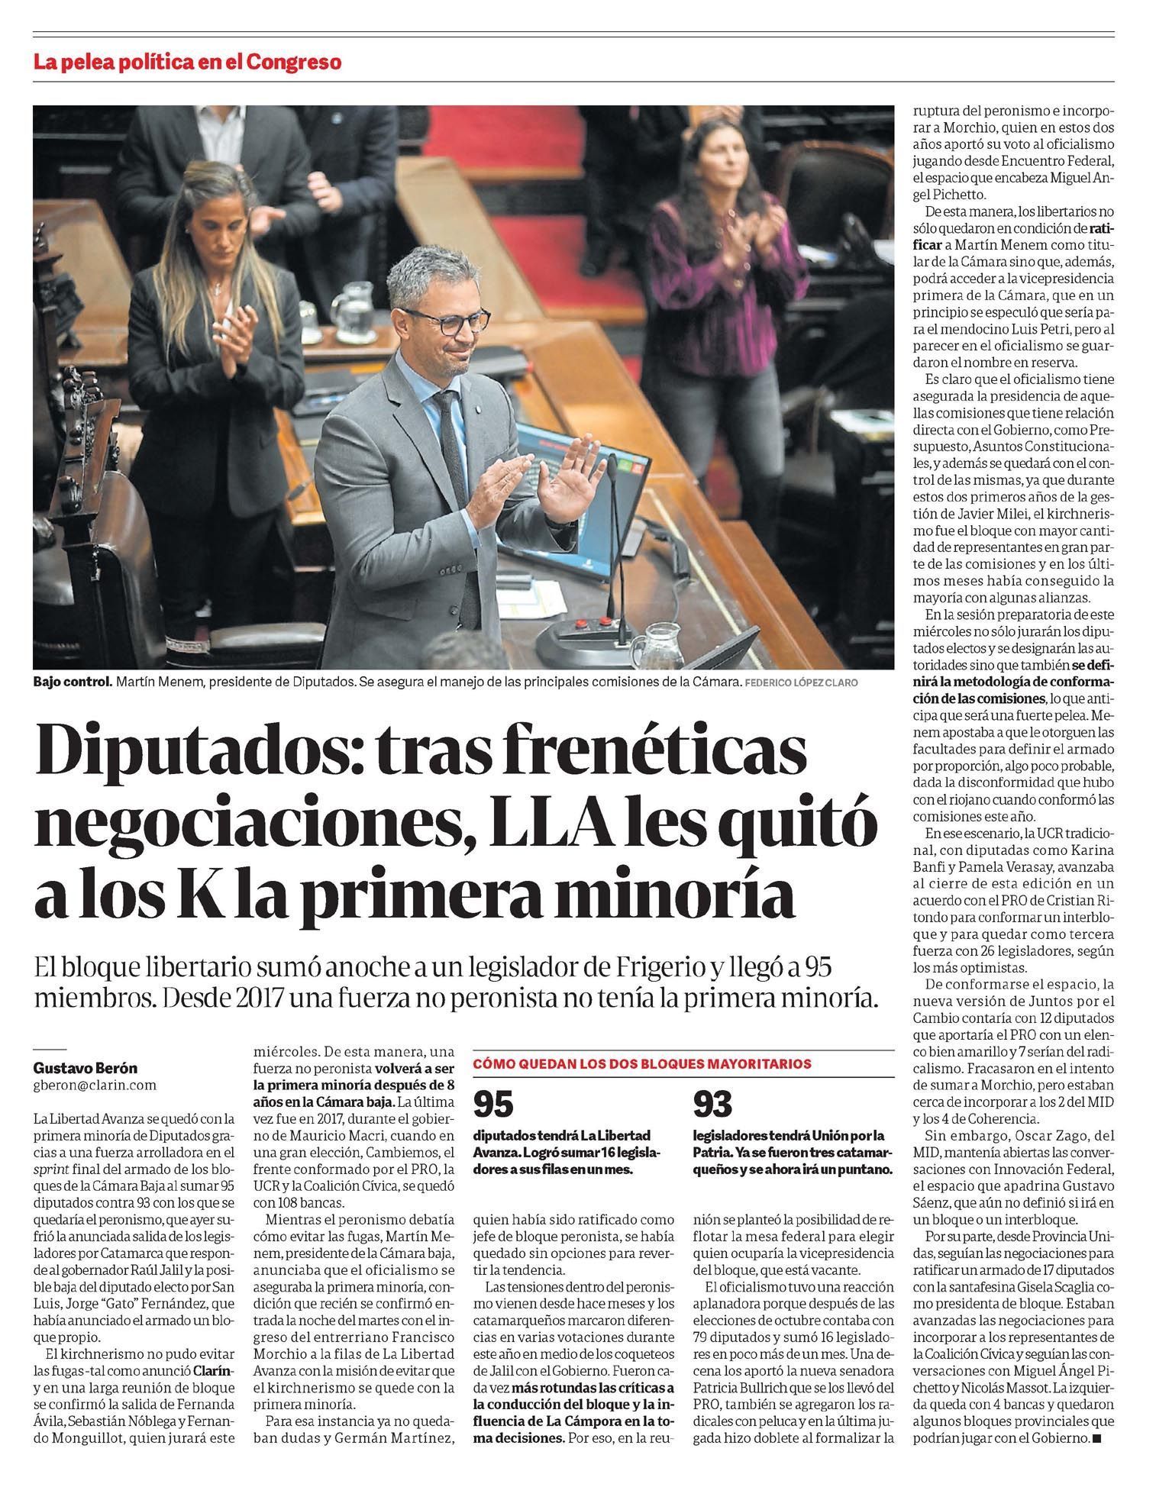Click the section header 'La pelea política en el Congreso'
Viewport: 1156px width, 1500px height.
point(187,62)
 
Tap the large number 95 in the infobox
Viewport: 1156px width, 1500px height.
point(493,1103)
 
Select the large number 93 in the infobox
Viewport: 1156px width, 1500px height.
point(712,1103)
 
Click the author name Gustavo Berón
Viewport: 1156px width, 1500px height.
point(86,1068)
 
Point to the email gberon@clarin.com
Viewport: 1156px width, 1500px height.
point(95,1085)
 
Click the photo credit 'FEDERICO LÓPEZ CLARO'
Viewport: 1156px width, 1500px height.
point(801,683)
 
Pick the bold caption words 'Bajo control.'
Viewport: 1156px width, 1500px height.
point(73,682)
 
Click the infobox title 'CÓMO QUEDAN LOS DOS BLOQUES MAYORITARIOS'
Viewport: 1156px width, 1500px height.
point(642,1063)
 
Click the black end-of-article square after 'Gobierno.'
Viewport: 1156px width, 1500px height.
point(1097,1438)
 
